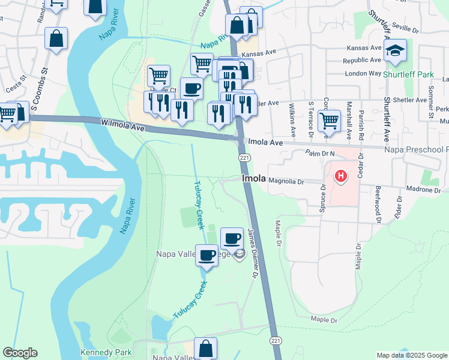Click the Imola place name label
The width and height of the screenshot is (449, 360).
pos(253,179)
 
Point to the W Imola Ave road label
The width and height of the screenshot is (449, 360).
pos(123,124)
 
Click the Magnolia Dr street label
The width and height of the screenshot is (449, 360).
pos(287,179)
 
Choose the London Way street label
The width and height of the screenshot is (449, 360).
pos(363,73)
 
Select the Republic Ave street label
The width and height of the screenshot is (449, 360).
pos(362,61)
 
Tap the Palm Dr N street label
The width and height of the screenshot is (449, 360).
pos(318,154)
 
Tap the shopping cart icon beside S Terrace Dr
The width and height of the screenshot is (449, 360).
pos(329,120)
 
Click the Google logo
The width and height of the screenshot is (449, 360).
pos(20,353)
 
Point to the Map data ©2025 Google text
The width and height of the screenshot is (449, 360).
pos(412,355)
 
